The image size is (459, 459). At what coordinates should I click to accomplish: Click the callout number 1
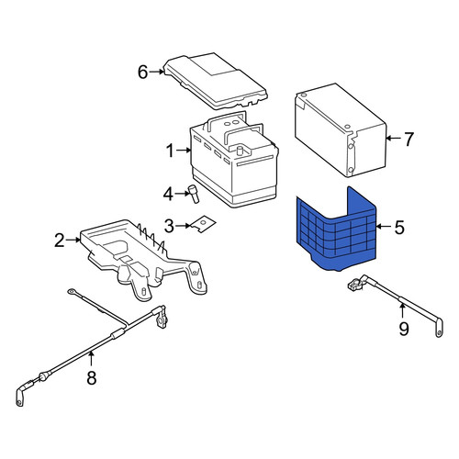pyautogui.click(x=170, y=151)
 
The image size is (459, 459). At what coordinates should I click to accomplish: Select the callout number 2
pyautogui.click(x=60, y=241)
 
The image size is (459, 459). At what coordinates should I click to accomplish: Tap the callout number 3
pyautogui.click(x=169, y=226)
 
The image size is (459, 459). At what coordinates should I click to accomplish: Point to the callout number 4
pyautogui.click(x=168, y=194)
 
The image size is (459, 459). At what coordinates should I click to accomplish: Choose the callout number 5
pyautogui.click(x=399, y=228)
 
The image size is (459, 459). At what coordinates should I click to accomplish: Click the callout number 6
pyautogui.click(x=143, y=73)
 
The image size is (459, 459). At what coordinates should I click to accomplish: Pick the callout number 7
pyautogui.click(x=409, y=139)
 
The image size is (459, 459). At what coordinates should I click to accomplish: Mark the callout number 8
pyautogui.click(x=92, y=377)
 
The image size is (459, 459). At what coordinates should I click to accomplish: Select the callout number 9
pyautogui.click(x=404, y=329)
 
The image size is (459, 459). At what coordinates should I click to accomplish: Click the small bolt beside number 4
pyautogui.click(x=194, y=194)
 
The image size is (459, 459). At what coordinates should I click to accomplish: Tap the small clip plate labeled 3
pyautogui.click(x=203, y=224)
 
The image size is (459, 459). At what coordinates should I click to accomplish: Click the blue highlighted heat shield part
pyautogui.click(x=337, y=232)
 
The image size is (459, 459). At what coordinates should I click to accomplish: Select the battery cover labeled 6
pyautogui.click(x=216, y=81)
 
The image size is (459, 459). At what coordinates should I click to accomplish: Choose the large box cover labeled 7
pyautogui.click(x=341, y=130)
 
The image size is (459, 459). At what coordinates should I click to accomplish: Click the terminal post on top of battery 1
pyautogui.click(x=240, y=151)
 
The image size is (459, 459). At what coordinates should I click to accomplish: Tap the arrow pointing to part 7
pyautogui.click(x=394, y=139)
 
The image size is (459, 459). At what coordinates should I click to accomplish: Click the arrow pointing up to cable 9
pyautogui.click(x=402, y=310)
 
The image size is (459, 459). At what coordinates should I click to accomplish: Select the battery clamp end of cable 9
pyautogui.click(x=355, y=284)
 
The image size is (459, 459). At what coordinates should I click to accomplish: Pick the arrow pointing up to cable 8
pyautogui.click(x=91, y=359)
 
